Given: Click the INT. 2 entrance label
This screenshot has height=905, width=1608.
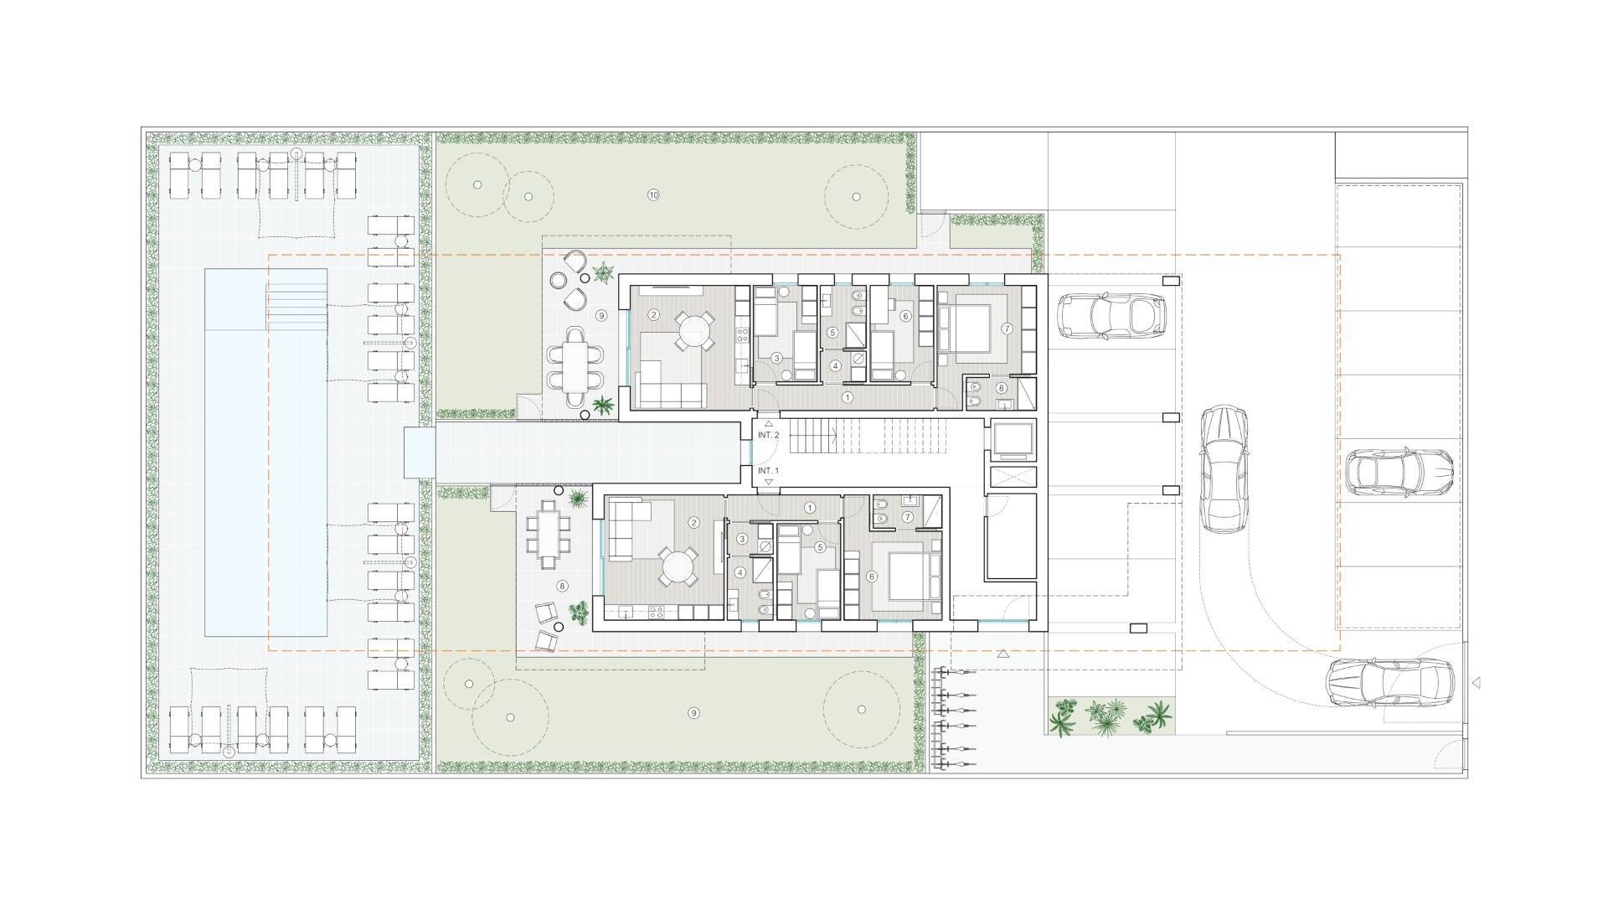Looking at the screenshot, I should pos(769,435).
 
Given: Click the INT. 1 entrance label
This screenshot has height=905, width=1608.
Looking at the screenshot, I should pos(769,471).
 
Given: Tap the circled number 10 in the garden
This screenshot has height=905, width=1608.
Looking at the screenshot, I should pos(654,195).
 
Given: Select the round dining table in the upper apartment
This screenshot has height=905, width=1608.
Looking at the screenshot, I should pos(693,331).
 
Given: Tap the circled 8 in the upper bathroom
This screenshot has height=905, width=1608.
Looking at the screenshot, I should pos(1001,388).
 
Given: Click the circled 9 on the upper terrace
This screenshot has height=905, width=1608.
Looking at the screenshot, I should pos(600,316).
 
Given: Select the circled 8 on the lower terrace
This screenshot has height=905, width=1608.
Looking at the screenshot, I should pos(562,587).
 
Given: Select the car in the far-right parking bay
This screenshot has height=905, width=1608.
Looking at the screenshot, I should pos(1399,472).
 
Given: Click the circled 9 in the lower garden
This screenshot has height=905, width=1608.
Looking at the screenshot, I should pos(693,713).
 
